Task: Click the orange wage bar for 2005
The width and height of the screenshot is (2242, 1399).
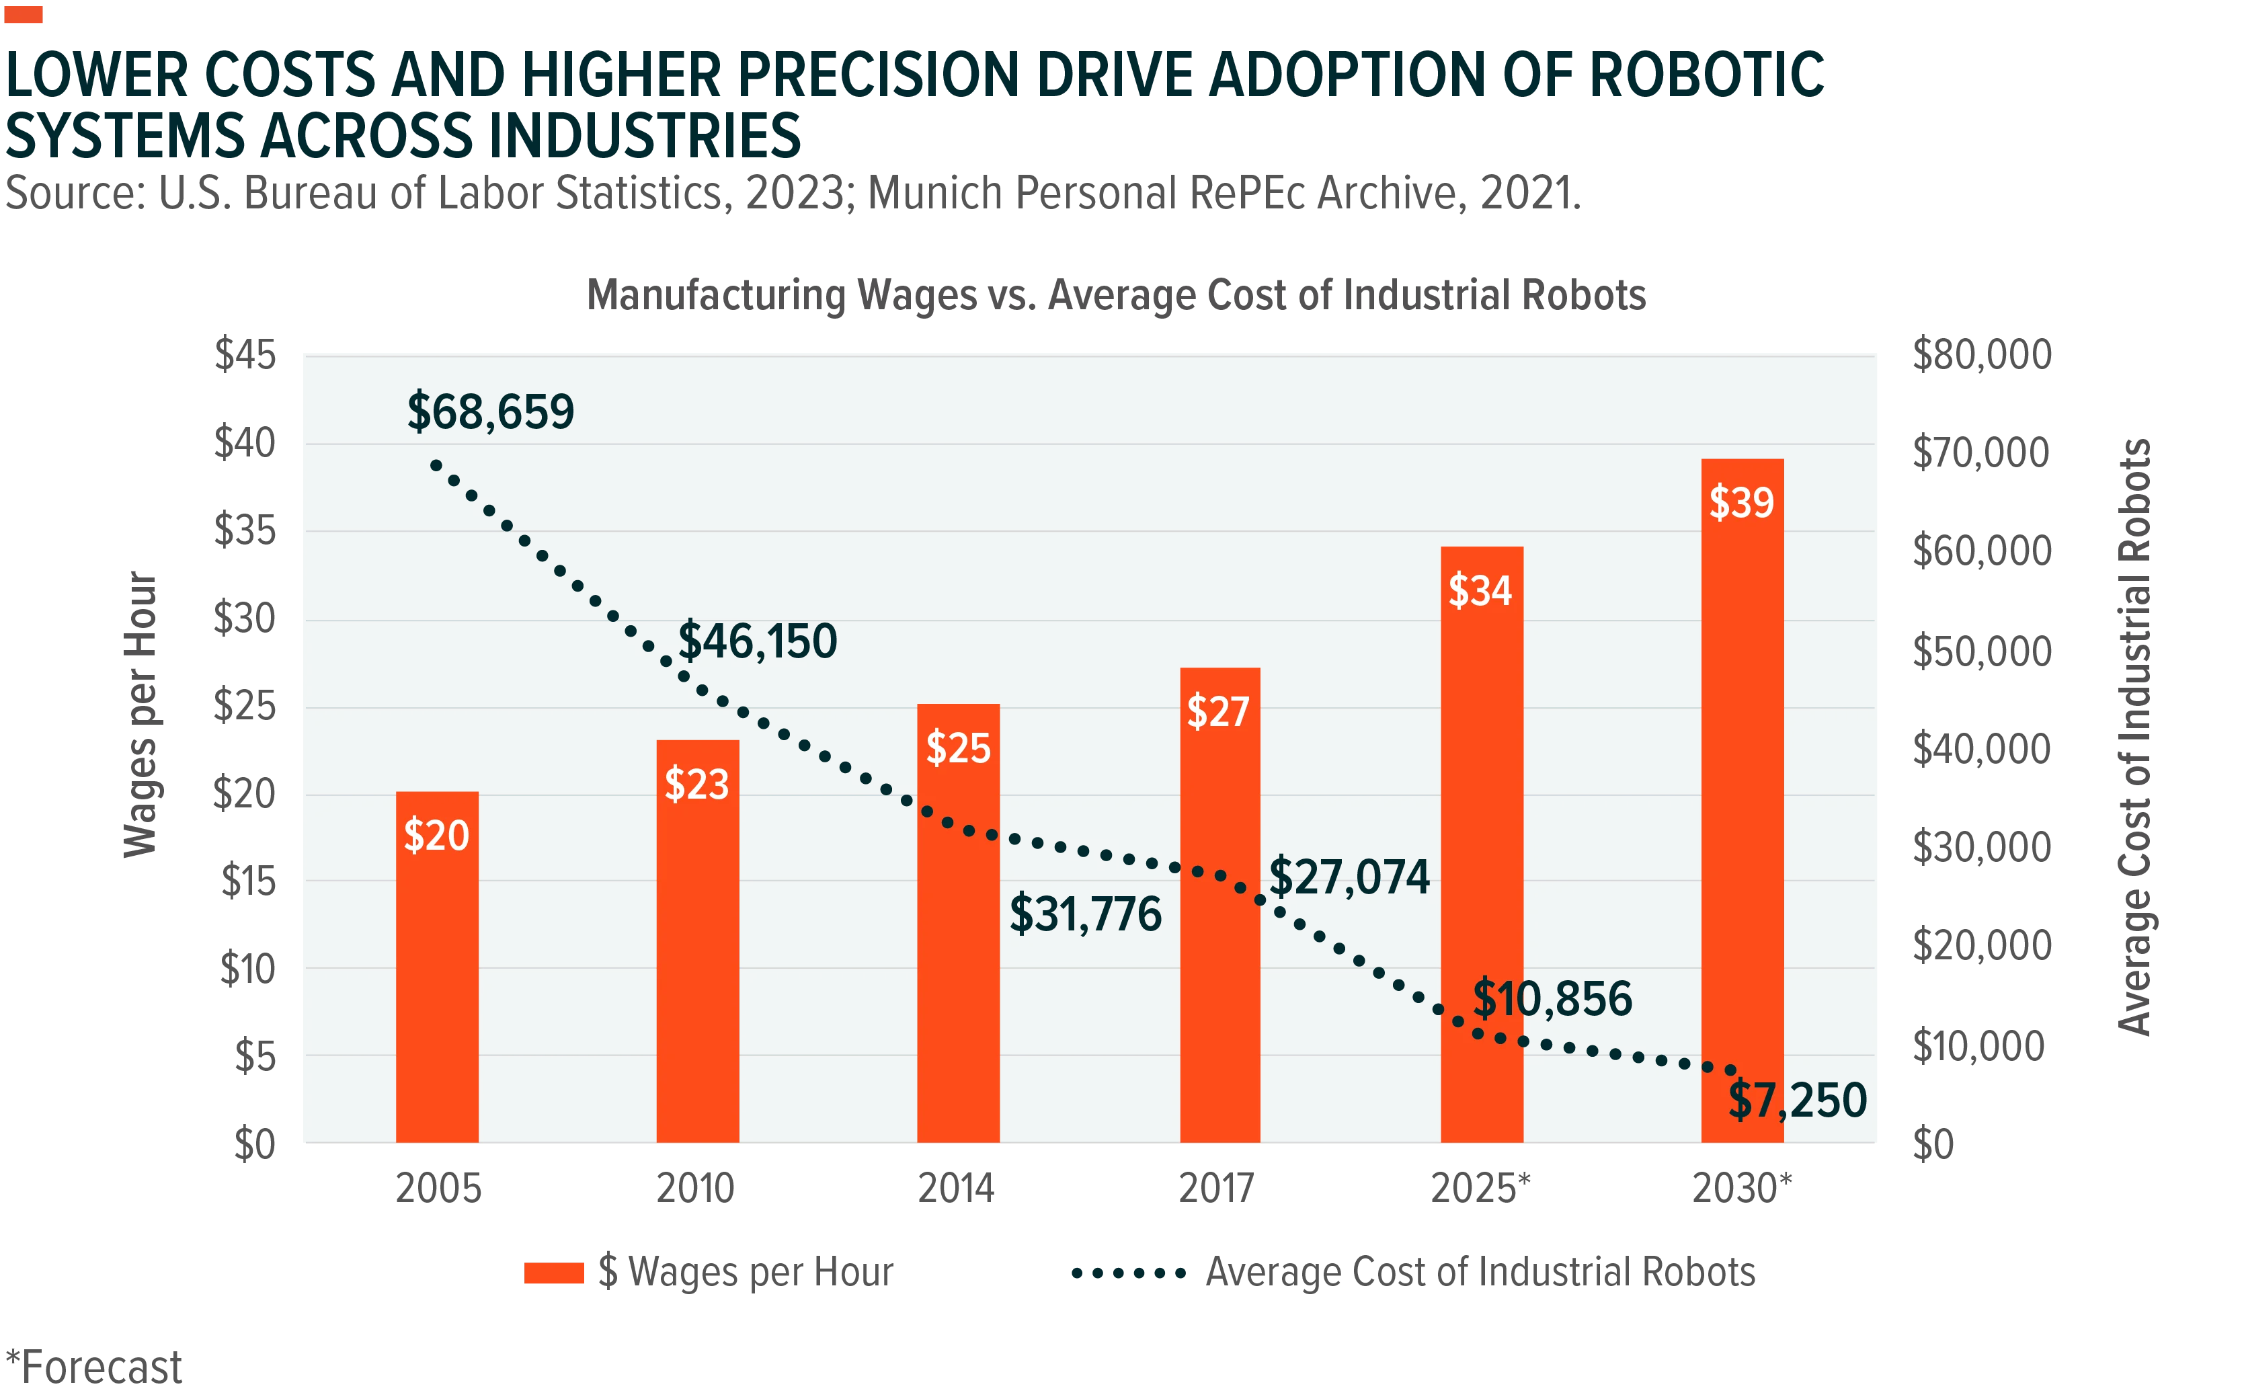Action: pos(437,967)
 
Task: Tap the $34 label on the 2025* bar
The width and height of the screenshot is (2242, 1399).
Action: pos(1480,590)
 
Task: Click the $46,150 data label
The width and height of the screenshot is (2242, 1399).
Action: pos(758,641)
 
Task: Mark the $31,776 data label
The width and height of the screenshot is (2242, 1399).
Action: pos(1086,914)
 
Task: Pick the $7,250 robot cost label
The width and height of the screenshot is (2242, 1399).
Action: pos(1798,1100)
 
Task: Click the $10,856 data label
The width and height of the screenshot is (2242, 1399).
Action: pos(1553,998)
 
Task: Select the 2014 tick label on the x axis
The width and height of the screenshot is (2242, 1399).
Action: pos(956,1188)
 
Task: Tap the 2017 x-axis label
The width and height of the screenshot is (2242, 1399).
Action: pos(1216,1188)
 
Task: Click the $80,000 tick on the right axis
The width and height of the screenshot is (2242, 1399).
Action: pos(1982,354)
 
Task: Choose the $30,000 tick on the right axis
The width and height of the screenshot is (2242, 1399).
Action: pos(1982,846)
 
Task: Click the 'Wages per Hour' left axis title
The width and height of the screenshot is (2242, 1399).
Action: pos(140,715)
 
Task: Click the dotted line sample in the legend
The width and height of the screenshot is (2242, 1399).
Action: pos(1129,1273)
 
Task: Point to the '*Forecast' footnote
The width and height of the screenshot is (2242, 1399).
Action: pos(93,1367)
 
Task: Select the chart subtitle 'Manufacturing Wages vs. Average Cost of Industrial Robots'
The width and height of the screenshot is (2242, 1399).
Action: pos(1116,295)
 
